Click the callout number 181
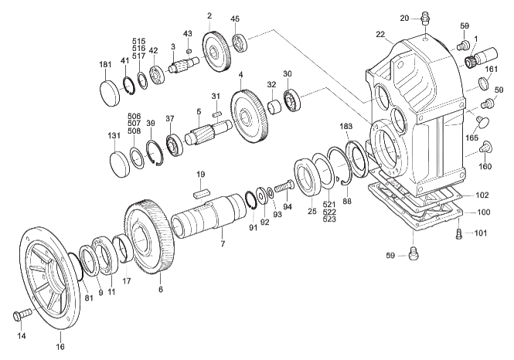pos(105,65)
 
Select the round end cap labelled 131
pos(119,164)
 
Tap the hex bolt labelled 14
pos(22,314)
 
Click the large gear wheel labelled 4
pos(250,117)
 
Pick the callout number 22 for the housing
pos(380,35)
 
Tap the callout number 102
pos(482,195)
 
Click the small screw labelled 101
pos(459,234)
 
